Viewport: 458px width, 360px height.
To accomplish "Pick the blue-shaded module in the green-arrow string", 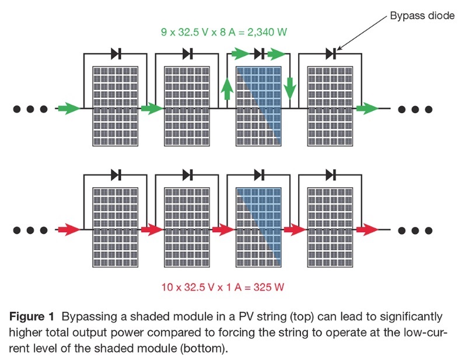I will [x=258, y=106].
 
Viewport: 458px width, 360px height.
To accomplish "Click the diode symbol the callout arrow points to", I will [x=331, y=54].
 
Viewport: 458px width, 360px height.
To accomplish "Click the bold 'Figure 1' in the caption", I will [x=36, y=316].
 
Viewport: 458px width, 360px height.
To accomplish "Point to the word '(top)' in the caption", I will [x=271, y=316].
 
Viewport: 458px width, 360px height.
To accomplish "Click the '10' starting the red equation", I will [x=167, y=287].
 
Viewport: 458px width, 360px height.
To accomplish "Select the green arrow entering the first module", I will [x=68, y=108].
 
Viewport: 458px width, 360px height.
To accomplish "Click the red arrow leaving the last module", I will [x=368, y=229].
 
